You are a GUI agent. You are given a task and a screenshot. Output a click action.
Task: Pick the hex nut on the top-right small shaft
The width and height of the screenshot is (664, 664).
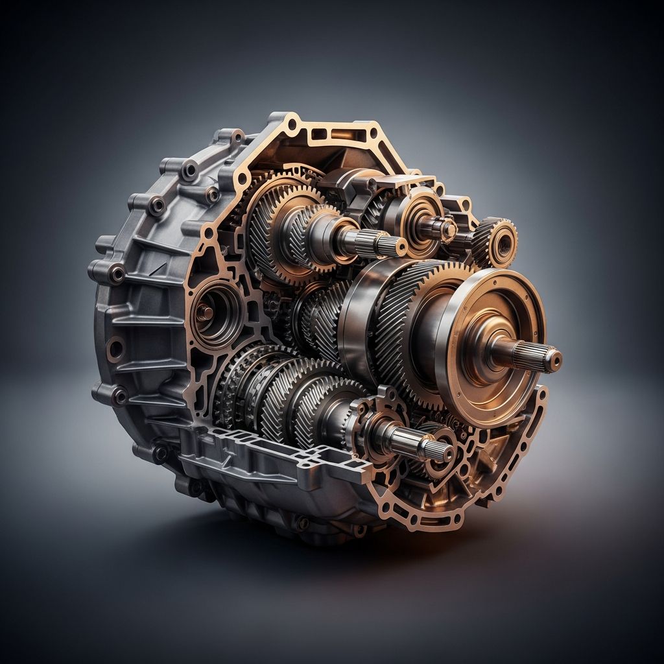coord(448,229)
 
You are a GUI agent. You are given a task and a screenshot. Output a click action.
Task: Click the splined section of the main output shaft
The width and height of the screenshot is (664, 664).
coord(528,354)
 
